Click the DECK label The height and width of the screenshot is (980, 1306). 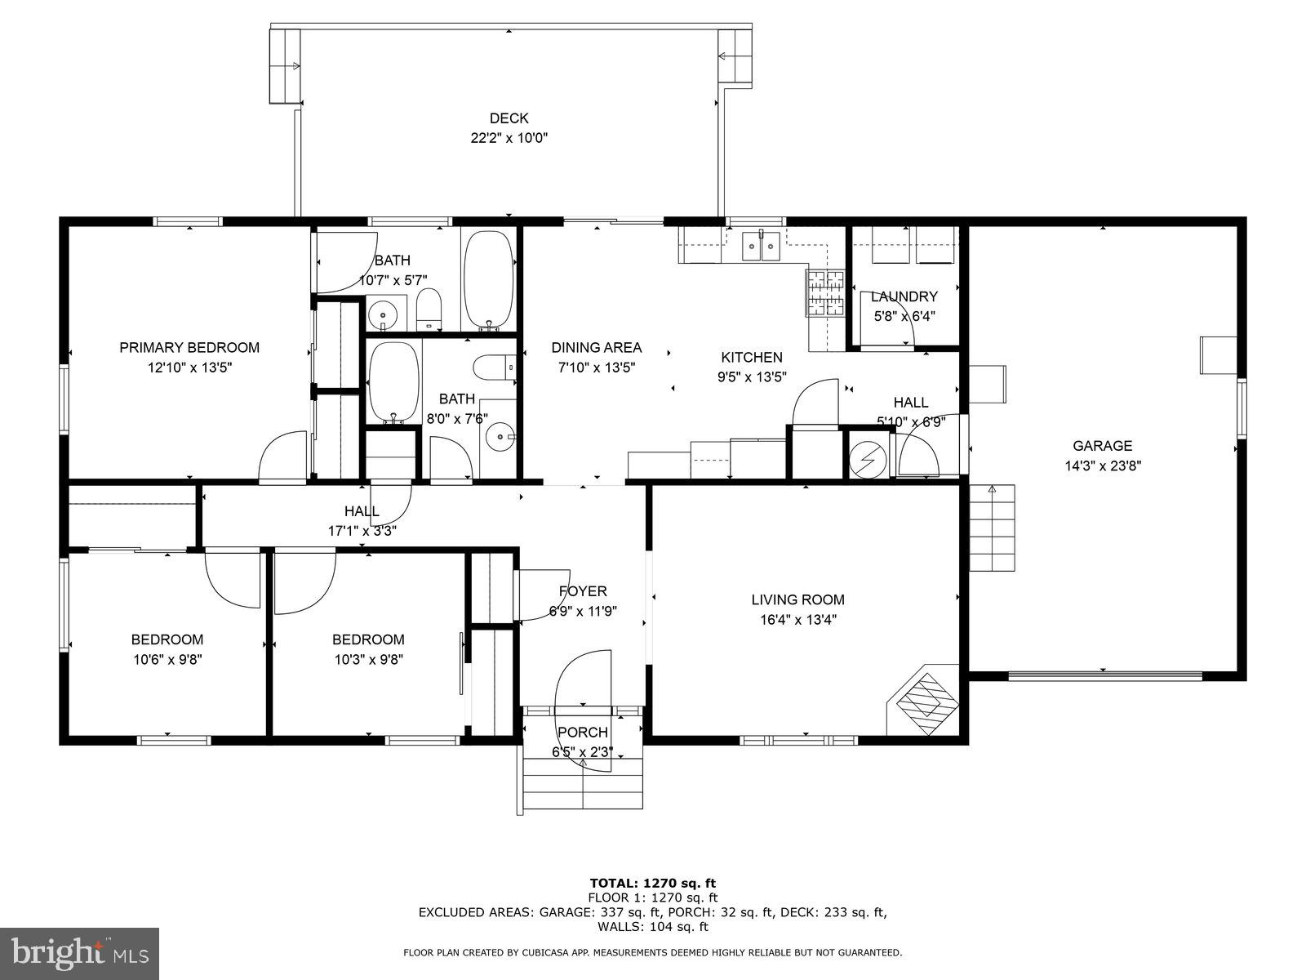click(x=509, y=118)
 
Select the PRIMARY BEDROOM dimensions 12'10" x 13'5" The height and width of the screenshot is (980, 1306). click(x=189, y=367)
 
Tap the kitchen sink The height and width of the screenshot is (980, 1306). click(x=762, y=245)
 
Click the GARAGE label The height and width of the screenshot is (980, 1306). click(x=1102, y=446)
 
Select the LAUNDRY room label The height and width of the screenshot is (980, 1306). click(x=904, y=296)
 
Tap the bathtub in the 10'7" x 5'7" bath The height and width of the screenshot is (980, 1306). click(x=489, y=278)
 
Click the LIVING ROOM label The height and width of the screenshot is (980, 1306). click(x=797, y=599)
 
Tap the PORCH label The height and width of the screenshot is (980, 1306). click(x=582, y=732)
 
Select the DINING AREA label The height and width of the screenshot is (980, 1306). click(x=596, y=347)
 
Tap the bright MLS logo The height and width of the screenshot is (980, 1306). click(x=79, y=952)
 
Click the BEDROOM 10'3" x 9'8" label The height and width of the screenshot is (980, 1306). click(x=368, y=639)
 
